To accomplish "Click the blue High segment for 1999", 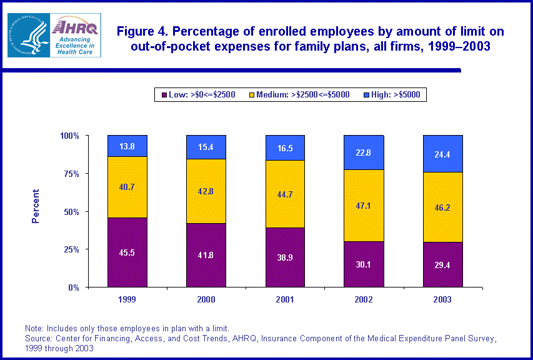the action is (127, 146).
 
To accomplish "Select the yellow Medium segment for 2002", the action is (364, 206).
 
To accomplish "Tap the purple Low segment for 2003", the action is (442, 265).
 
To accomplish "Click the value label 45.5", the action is (127, 253).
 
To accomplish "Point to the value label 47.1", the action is (364, 206).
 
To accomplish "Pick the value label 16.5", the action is (285, 148).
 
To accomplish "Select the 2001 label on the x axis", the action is (285, 299).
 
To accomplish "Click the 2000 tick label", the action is (206, 299).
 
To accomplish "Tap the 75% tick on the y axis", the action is (69, 173).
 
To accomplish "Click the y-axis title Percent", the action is (36, 206).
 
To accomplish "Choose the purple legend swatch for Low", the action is (164, 94).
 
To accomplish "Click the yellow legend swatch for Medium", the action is (252, 94).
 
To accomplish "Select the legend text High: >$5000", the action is (396, 94).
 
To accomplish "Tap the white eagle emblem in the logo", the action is (31, 36).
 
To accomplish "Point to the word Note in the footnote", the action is (33, 328).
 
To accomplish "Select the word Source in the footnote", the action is (37, 339).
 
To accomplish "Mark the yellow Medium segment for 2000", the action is (206, 191).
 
